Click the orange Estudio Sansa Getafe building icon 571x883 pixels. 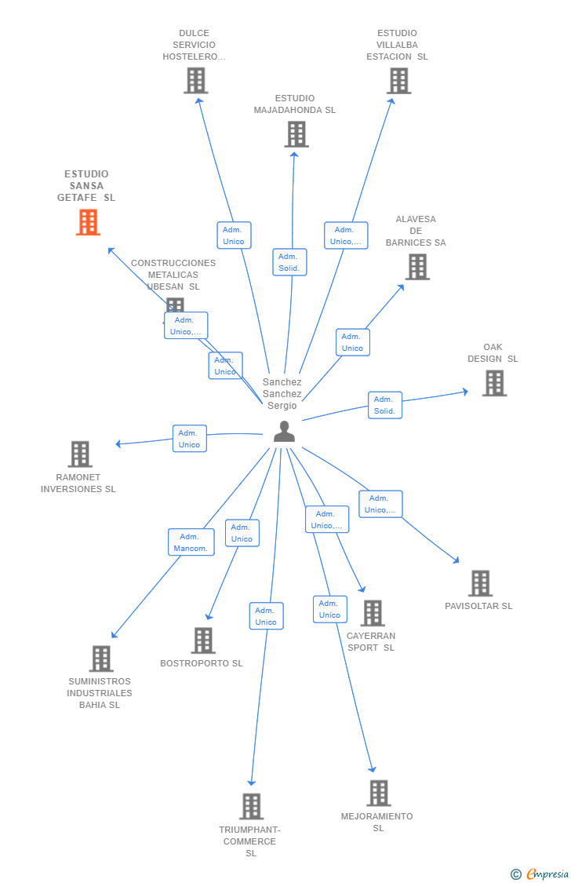tap(88, 222)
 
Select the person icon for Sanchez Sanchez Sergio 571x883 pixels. tap(284, 432)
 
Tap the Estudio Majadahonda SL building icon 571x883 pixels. tap(296, 134)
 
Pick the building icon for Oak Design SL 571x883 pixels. tap(494, 383)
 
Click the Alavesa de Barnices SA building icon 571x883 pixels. tap(417, 267)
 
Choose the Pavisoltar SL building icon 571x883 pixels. tap(480, 583)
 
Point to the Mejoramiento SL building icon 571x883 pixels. tap(378, 793)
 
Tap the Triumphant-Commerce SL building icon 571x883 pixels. tap(251, 806)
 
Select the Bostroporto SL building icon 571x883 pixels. tap(203, 640)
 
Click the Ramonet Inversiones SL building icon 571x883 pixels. tap(80, 454)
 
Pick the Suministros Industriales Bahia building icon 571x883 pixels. tap(101, 659)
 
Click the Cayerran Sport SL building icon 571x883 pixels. tap(373, 613)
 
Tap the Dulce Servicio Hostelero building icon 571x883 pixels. tap(195, 80)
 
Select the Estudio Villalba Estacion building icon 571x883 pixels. tap(398, 80)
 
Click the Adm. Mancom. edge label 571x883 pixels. tap(191, 542)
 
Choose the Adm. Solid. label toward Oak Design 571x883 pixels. tap(384, 405)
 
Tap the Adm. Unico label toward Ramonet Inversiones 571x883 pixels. tap(189, 439)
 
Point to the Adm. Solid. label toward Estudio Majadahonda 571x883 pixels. tap(289, 262)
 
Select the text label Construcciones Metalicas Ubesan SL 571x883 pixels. tap(173, 275)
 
